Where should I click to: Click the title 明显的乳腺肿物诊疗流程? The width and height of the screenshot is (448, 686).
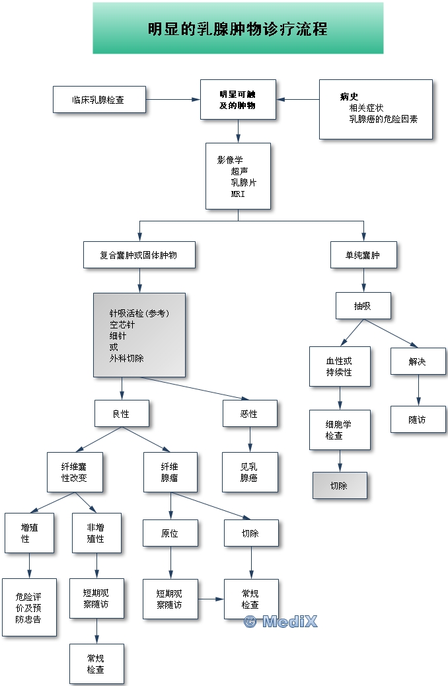point(238,29)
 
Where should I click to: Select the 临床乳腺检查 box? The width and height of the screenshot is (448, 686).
point(98,100)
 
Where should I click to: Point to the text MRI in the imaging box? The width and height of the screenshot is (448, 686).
point(238,194)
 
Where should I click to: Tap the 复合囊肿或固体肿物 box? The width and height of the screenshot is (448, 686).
point(139,254)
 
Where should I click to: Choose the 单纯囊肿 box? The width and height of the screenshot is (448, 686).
point(364,254)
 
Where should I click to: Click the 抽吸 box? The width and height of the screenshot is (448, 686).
point(363,305)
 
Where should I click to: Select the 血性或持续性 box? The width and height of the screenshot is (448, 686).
point(340,366)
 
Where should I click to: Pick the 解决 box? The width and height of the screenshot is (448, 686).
point(418,362)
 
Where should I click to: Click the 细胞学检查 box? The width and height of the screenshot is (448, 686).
point(340,430)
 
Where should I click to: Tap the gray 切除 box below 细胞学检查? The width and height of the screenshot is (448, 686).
point(339,486)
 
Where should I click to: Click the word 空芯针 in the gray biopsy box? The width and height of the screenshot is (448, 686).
point(122,324)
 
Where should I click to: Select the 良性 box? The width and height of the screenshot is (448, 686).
point(121,414)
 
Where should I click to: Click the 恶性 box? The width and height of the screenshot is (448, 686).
point(249,414)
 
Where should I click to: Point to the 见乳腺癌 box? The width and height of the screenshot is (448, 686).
point(249,472)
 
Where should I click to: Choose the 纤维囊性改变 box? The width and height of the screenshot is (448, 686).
point(75,472)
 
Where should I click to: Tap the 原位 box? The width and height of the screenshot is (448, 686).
point(170,533)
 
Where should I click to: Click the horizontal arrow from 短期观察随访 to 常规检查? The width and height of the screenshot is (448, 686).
point(211,599)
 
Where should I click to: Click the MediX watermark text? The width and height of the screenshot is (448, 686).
point(281,621)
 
